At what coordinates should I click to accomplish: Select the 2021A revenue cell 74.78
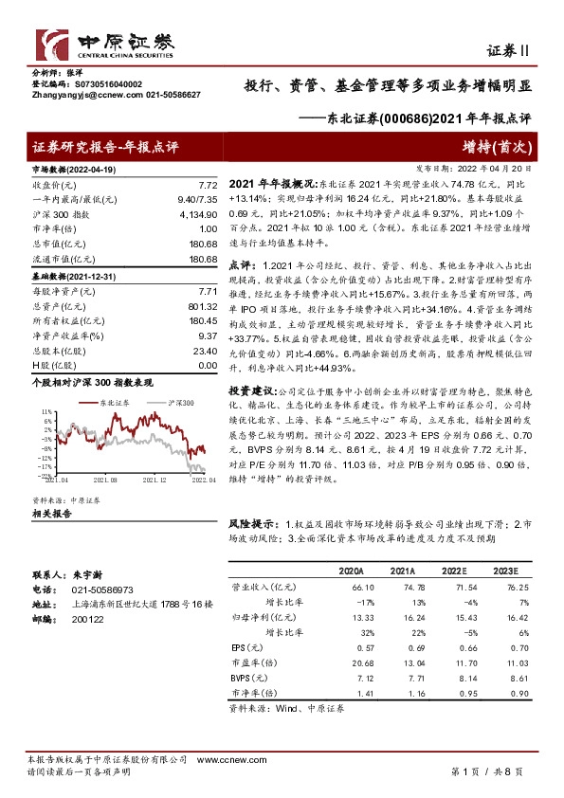(402, 588)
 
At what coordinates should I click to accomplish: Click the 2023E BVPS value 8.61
(505, 680)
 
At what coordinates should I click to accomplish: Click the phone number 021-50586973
(109, 589)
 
